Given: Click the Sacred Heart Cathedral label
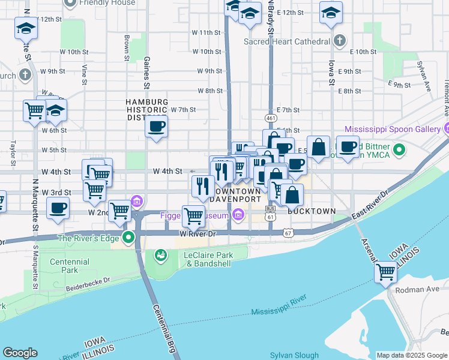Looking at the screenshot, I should click(x=286, y=41).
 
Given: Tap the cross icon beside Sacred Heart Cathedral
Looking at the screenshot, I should click(x=340, y=41).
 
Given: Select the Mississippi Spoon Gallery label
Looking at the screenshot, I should click(x=393, y=129).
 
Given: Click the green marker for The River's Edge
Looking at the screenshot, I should click(x=127, y=238).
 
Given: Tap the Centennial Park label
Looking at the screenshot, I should click(x=69, y=266).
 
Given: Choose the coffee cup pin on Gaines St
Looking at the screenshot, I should click(x=156, y=127).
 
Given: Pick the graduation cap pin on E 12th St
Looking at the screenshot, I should click(x=331, y=13).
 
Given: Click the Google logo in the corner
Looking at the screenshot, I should click(x=20, y=353).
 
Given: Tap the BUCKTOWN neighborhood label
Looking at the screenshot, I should click(x=311, y=212).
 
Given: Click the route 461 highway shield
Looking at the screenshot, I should click(x=271, y=119).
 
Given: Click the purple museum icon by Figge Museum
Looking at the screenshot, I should click(x=238, y=215).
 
